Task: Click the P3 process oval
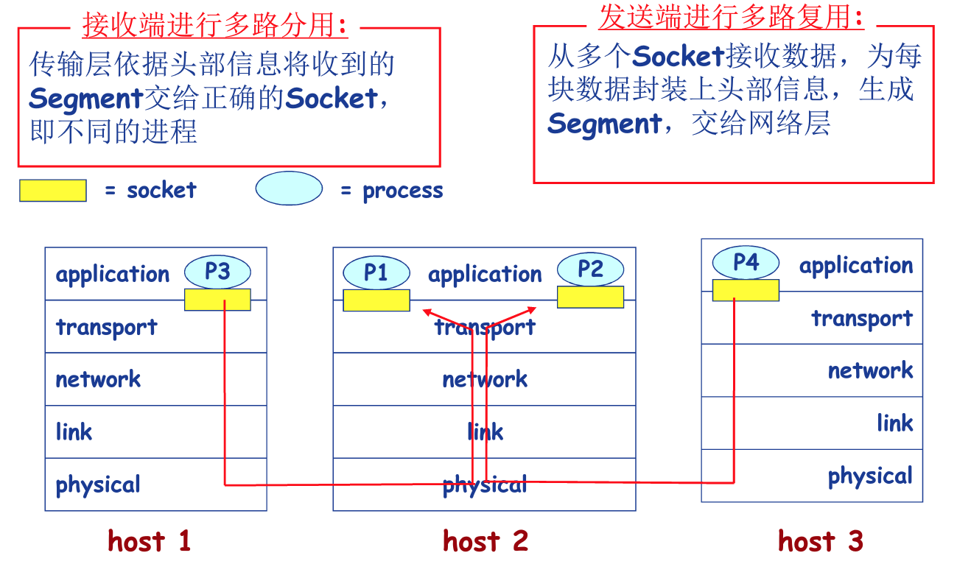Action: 217,272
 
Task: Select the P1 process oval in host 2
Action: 376,273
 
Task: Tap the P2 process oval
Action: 590,269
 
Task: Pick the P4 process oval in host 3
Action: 746,262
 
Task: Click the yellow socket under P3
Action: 217,300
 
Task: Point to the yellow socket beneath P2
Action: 590,297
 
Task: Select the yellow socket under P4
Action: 746,290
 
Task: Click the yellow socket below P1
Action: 376,300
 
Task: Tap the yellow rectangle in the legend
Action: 53,191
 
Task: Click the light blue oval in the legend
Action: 289,188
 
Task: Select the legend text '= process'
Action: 392,191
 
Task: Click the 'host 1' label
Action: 150,541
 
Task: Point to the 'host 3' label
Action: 820,541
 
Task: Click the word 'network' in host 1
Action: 98,379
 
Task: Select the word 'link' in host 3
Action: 894,423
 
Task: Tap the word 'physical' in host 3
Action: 870,476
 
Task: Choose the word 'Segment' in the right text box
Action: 604,124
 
